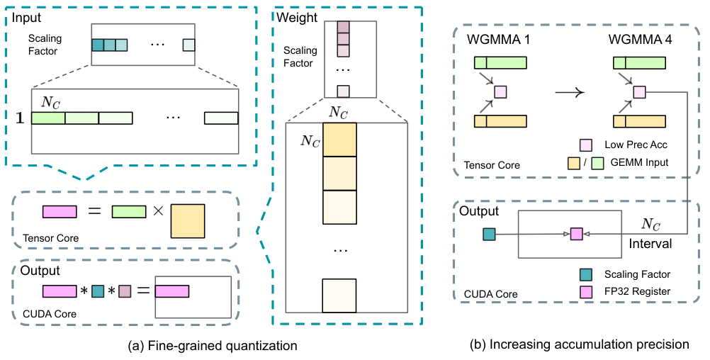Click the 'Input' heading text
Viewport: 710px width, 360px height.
click(26, 18)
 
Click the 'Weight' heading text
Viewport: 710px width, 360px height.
click(297, 18)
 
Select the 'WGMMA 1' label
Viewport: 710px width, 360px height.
click(498, 40)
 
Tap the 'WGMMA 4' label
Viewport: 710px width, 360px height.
click(640, 40)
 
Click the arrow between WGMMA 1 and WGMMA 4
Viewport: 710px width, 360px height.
click(569, 92)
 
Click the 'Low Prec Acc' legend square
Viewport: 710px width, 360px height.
click(586, 145)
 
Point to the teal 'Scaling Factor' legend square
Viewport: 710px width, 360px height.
click(586, 274)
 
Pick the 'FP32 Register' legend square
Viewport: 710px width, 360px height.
click(586, 292)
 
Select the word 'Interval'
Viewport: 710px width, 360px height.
click(650, 244)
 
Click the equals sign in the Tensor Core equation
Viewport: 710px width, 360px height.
click(94, 211)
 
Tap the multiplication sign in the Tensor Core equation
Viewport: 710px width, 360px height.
click(158, 211)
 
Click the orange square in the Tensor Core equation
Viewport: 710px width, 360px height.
click(188, 221)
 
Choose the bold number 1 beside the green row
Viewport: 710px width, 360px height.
click(19, 118)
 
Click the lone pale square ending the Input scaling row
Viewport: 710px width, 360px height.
click(188, 45)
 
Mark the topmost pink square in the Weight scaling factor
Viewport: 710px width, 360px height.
click(343, 27)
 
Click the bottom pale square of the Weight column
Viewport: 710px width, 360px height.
click(339, 296)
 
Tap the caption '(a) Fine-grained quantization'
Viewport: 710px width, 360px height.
click(213, 346)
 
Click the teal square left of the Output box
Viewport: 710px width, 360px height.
click(489, 234)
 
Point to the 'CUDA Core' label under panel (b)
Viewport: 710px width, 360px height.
click(491, 294)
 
